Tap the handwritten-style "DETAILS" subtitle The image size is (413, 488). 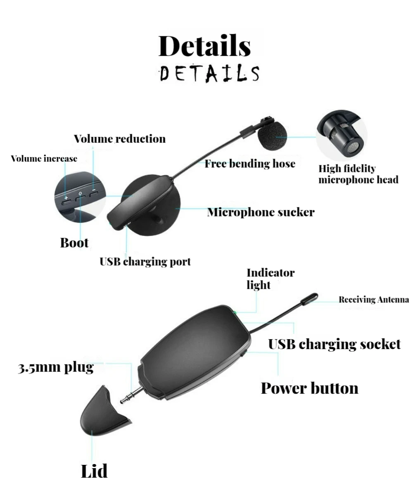(209, 73)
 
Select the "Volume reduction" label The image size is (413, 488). (120, 139)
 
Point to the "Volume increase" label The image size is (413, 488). (44, 159)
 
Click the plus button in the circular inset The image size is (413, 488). (66, 200)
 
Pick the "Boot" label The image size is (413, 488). (74, 243)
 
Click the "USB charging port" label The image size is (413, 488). (145, 262)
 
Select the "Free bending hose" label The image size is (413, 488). (250, 164)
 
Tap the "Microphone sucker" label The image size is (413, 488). (261, 212)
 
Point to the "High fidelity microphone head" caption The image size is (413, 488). (358, 174)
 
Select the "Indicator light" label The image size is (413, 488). (271, 279)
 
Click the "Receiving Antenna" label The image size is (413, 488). (374, 300)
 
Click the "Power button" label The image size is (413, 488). (309, 388)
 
